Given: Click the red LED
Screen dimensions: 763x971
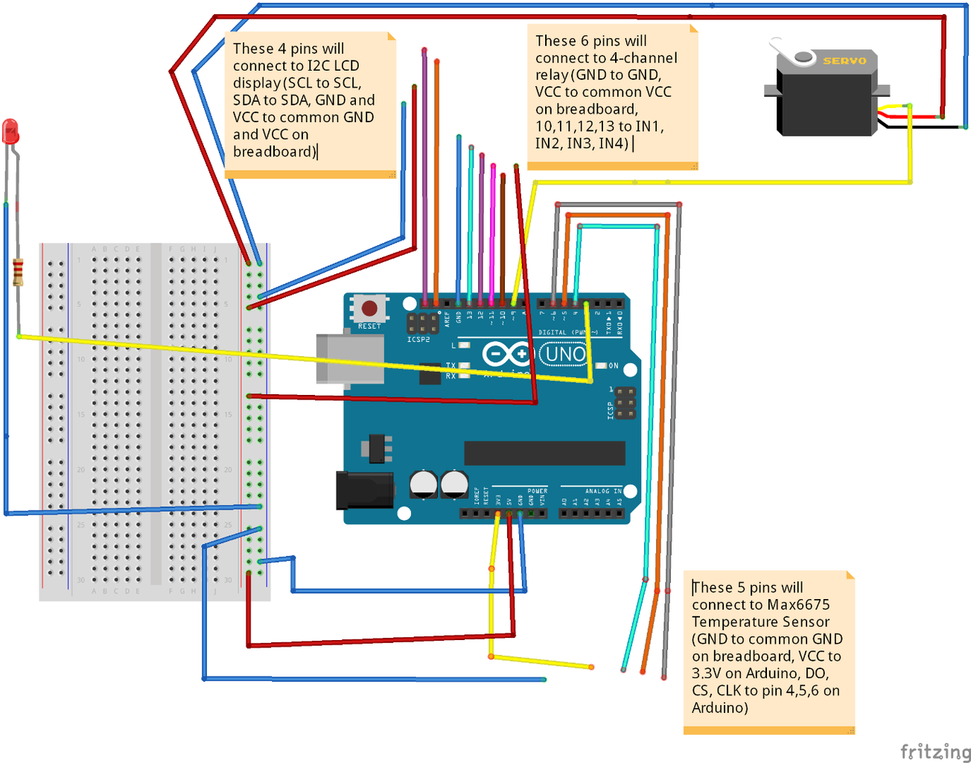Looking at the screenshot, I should pyautogui.click(x=10, y=132).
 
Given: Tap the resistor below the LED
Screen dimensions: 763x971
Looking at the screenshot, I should pyautogui.click(x=18, y=272).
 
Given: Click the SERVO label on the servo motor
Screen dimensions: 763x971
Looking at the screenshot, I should pyautogui.click(x=844, y=60).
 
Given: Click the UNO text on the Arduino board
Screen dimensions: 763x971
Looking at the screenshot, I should pyautogui.click(x=565, y=354).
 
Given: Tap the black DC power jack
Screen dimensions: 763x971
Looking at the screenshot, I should pyautogui.click(x=363, y=490).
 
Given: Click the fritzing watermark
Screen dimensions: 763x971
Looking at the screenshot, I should pyautogui.click(x=935, y=751).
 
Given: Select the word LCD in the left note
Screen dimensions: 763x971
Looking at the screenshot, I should pyautogui.click(x=346, y=66).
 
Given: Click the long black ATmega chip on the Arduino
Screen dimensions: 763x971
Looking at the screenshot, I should pyautogui.click(x=544, y=452).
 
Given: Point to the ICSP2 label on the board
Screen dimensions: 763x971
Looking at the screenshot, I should pyautogui.click(x=418, y=340).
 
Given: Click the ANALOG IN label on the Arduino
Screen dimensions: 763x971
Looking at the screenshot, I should pyautogui.click(x=602, y=491).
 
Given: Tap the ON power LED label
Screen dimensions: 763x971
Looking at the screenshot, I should pyautogui.click(x=614, y=366).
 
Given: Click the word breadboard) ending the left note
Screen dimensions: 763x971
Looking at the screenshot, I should pyautogui.click(x=274, y=151).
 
